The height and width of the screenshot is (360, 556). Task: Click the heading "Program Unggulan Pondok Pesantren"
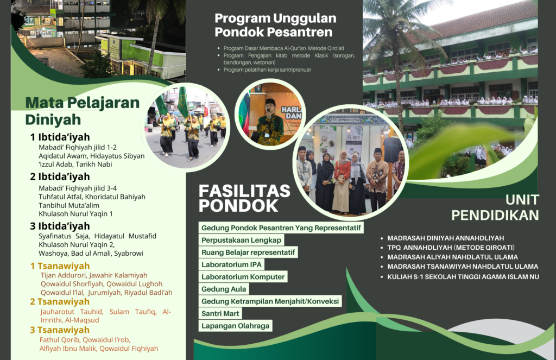[275, 25]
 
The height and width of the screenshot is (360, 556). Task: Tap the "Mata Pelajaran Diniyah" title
[83, 111]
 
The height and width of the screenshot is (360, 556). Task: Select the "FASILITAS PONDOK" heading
[244, 198]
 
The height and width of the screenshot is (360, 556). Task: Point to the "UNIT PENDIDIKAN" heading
[495, 208]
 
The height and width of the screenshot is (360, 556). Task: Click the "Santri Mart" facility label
[220, 313]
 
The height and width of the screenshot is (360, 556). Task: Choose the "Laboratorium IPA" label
[231, 264]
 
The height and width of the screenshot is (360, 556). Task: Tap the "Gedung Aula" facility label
[224, 289]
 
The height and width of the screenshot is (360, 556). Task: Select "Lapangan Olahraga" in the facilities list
[236, 326]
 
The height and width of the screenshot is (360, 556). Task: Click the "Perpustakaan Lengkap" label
[241, 240]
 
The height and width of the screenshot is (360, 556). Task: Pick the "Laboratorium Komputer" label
[243, 276]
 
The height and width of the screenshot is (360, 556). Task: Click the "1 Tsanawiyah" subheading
[60, 266]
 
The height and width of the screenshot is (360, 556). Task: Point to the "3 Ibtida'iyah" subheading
[60, 226]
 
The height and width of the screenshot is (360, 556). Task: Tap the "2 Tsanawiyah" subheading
[60, 301]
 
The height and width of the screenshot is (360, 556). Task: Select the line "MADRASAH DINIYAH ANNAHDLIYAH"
[445, 238]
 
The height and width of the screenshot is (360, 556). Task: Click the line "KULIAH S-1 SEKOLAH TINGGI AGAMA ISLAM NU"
[463, 276]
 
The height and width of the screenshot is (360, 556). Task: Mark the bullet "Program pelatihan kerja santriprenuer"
[267, 70]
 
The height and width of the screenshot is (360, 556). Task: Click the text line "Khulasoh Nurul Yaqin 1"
[75, 213]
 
